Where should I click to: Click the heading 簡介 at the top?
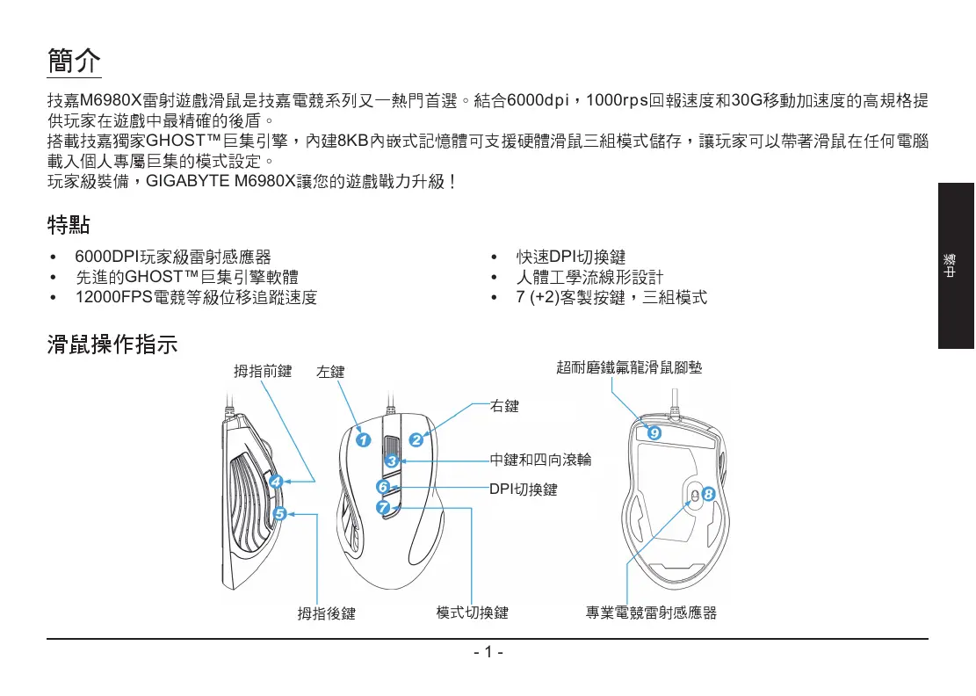pos(74,62)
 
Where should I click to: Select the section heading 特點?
pos(68,226)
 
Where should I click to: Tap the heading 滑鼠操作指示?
pos(112,345)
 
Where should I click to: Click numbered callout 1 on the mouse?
pos(363,439)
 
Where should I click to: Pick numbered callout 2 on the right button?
pos(416,439)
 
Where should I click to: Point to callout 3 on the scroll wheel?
pos(392,460)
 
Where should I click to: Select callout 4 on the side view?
pos(276,482)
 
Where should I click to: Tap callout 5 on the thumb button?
pos(279,513)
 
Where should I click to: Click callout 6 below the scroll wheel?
pos(383,486)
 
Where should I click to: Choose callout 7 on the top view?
pos(383,508)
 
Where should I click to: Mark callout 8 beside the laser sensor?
pos(708,495)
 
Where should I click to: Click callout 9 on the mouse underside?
pos(654,434)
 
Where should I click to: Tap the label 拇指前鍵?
pos(263,371)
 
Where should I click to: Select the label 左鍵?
pos(330,372)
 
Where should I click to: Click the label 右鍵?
pos(504,406)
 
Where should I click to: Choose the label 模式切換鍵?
pos(472,613)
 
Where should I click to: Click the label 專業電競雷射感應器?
pos(651,613)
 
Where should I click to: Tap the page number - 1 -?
pos(487,653)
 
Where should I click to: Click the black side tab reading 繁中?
pos(955,265)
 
